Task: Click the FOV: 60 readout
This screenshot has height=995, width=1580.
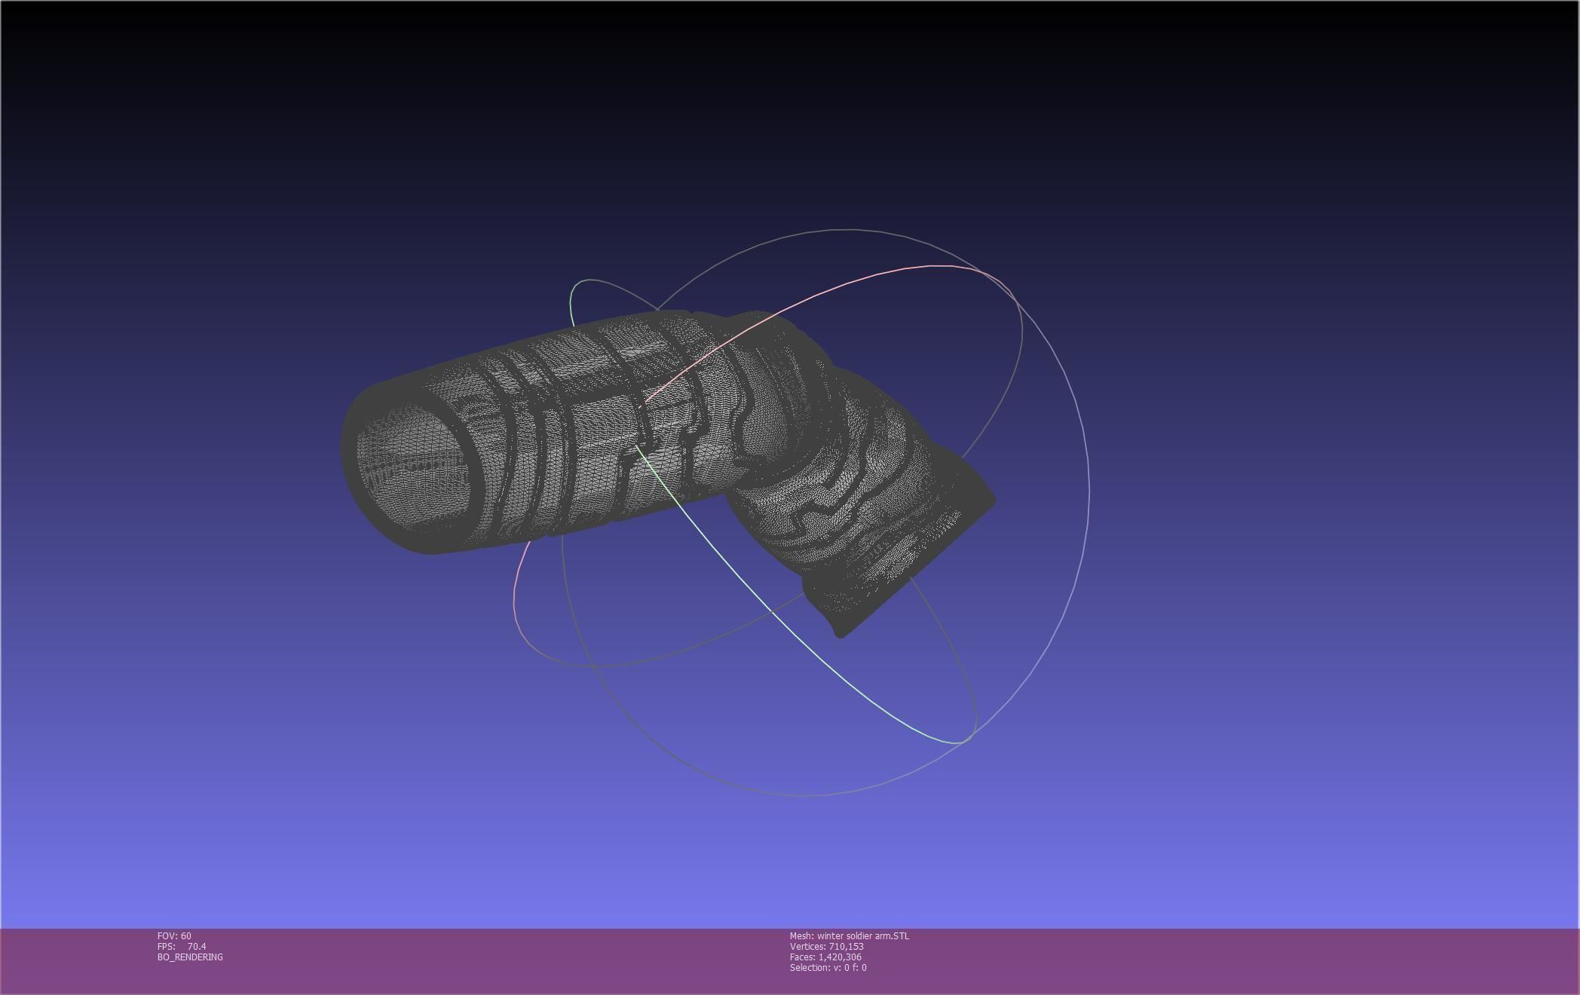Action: click(174, 936)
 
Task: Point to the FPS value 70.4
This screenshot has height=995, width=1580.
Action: click(197, 947)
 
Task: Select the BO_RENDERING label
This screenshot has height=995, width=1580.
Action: click(190, 957)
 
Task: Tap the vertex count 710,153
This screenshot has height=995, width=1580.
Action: click(846, 947)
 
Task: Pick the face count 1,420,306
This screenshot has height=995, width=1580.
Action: click(840, 957)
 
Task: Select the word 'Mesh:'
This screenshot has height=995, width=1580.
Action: click(801, 936)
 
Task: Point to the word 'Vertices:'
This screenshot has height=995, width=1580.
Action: click(807, 947)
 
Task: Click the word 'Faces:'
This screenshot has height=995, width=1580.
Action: click(802, 957)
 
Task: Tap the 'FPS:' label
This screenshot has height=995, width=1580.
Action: click(166, 947)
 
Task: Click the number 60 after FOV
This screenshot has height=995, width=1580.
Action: click(185, 936)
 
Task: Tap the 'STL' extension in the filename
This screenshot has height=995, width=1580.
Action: click(900, 936)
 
